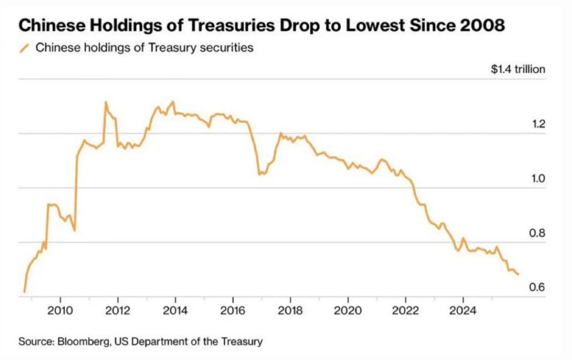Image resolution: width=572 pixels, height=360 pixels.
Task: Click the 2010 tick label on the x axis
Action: (60, 310)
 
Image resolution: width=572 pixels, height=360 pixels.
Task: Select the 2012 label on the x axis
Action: (118, 310)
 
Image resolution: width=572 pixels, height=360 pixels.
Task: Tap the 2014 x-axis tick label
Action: (175, 310)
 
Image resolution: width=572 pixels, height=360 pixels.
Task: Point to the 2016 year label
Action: (233, 310)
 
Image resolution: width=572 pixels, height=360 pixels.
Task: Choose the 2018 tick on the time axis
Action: (290, 310)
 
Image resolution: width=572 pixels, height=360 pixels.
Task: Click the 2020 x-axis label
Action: (348, 310)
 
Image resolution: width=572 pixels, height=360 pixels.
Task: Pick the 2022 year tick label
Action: (405, 310)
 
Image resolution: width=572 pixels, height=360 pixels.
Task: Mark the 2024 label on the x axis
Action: (463, 310)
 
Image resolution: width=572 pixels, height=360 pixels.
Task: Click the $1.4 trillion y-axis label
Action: (518, 69)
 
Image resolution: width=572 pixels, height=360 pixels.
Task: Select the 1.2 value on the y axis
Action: (538, 124)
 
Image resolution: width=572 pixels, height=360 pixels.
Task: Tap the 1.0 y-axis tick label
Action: (538, 178)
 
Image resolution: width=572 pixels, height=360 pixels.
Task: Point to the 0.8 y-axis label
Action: (538, 233)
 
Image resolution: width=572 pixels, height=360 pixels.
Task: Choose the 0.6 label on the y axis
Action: (538, 287)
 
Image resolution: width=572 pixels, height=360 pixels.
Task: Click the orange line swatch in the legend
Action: (25, 48)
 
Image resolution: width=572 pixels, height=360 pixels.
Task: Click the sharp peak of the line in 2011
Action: (106, 102)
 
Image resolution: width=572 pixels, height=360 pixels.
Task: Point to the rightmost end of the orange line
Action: (518, 274)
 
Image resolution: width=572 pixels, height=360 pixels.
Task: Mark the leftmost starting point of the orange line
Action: (24, 292)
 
